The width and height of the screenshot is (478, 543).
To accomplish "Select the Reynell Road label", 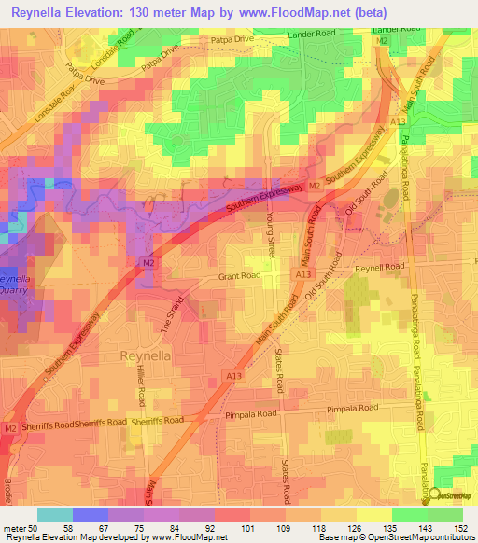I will click(x=381, y=268).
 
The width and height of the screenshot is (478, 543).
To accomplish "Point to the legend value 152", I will click(x=461, y=527).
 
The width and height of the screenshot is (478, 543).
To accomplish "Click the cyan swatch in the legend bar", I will click(x=54, y=514).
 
